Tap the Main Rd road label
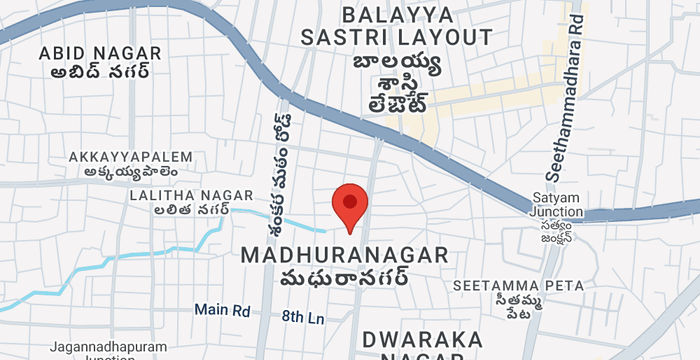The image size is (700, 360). (x=222, y=310)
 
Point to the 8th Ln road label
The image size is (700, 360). (x=304, y=316)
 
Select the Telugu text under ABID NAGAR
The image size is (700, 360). (x=97, y=72)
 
